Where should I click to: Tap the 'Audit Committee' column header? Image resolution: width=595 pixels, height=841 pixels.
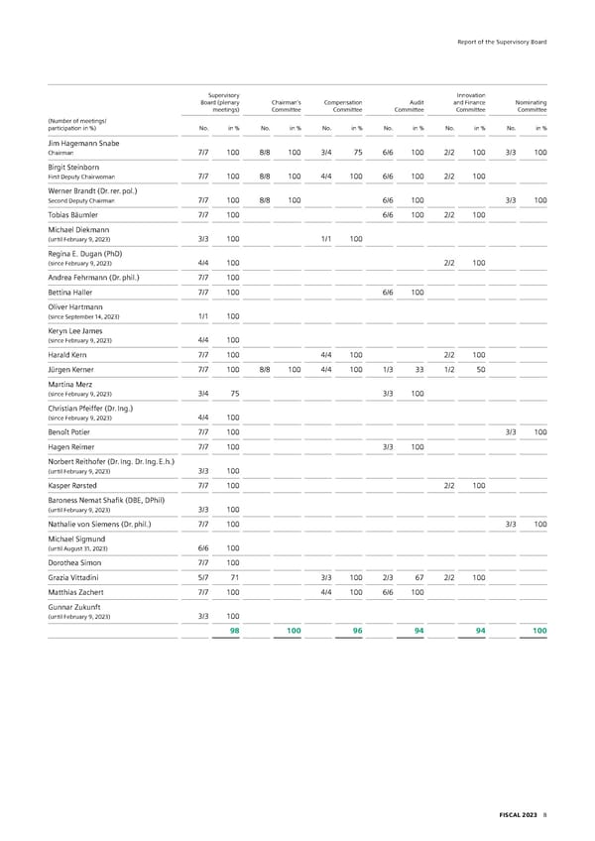tap(409, 105)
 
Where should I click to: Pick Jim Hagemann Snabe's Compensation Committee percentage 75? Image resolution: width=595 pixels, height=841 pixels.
tap(356, 152)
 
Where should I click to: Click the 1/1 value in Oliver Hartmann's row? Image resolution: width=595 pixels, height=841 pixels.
tap(202, 316)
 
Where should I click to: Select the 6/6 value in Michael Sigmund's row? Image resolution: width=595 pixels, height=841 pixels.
tap(202, 547)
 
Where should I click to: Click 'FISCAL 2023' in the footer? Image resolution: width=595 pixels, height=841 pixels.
tap(517, 814)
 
